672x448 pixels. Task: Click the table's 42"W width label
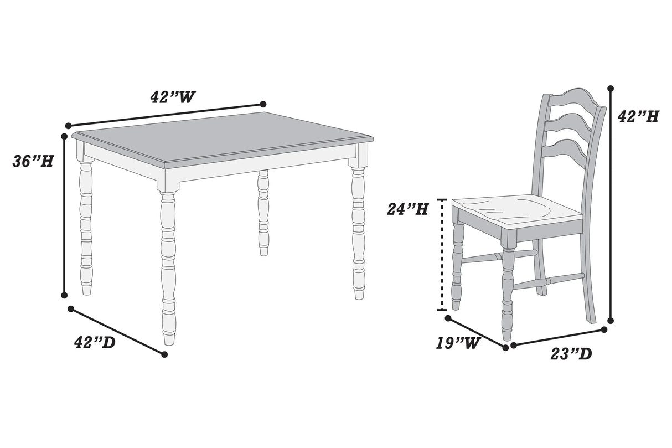(173, 97)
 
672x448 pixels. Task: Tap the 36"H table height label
(33, 161)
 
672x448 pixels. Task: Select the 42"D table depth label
(95, 343)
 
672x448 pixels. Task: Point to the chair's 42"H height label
(638, 117)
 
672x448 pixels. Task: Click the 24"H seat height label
(407, 209)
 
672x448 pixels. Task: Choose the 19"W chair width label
(457, 343)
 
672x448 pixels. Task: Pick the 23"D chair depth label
(571, 353)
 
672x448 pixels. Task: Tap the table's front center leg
(168, 266)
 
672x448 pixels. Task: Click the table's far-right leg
(359, 233)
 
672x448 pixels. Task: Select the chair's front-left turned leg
(457, 266)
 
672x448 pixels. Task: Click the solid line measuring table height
(64, 216)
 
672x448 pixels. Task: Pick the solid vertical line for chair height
(611, 205)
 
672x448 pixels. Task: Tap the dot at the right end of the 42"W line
(263, 104)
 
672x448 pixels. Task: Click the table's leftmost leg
(86, 227)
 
